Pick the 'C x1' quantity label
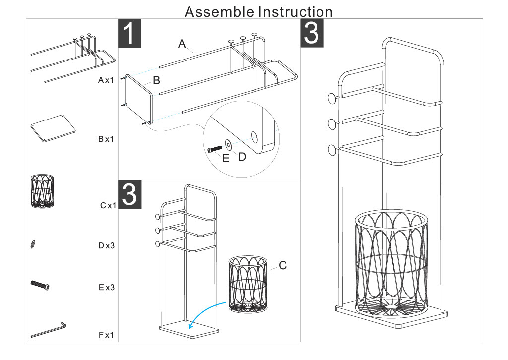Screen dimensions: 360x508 106,205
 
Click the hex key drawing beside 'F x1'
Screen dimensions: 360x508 49,330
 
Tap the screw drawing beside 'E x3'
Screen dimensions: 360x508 40,285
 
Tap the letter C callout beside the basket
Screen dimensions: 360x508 283,266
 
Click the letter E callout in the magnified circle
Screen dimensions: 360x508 226,159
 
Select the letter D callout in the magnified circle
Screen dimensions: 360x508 242,157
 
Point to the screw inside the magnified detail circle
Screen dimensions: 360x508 214,148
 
